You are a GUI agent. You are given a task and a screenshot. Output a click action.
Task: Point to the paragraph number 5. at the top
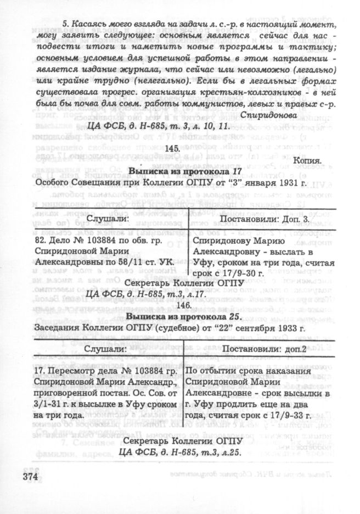[x=65, y=24]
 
